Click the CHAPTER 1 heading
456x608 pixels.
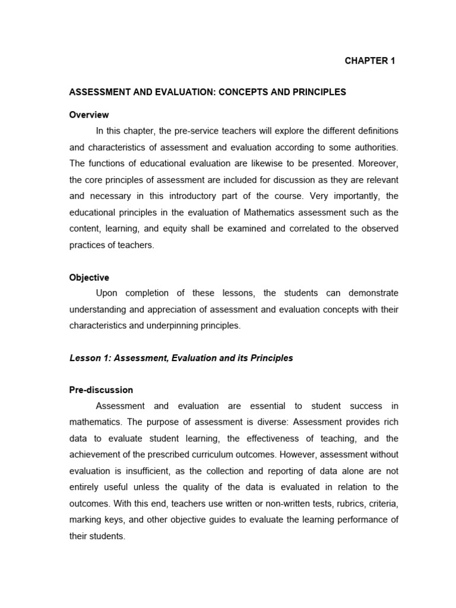370,61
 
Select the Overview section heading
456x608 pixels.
89,115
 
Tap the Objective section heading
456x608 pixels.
89,277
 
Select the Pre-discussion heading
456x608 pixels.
102,390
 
